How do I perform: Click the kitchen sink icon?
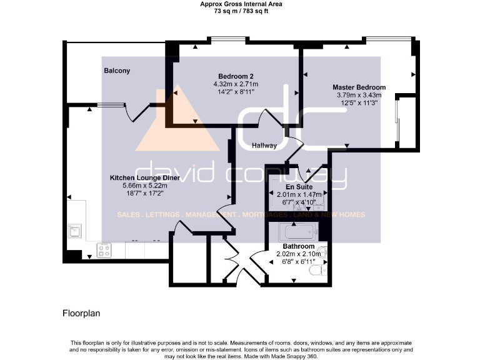75,231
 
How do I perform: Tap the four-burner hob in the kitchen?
104,251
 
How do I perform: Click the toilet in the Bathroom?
319,271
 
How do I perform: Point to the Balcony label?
117,71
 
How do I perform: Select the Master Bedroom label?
359,87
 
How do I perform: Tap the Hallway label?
264,146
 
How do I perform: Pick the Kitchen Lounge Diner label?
145,178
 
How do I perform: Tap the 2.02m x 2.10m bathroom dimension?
298,254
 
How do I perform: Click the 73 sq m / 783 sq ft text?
241,11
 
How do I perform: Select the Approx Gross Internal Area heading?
241,4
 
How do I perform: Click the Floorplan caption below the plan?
81,312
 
